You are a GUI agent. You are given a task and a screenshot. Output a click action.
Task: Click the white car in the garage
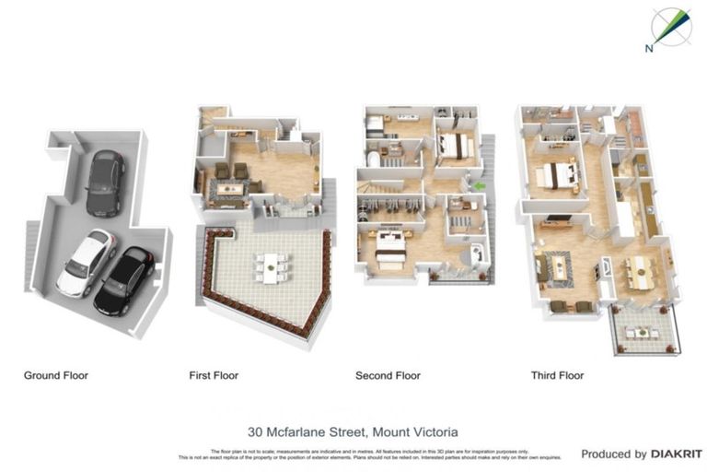coord(86,262)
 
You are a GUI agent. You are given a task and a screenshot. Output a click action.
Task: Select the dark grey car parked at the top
coord(105,183)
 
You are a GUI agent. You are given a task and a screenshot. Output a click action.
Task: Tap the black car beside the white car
coord(124,280)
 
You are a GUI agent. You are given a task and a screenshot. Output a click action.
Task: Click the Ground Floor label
coord(56,375)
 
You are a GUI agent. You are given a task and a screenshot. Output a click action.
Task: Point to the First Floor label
coord(214,375)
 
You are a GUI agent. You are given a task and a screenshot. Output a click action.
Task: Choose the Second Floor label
coord(388,375)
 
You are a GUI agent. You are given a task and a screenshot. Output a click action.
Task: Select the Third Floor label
coord(557,375)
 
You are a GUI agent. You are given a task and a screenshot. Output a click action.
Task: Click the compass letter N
coord(649,47)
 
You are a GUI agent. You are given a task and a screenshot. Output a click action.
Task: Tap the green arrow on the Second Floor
coord(479,187)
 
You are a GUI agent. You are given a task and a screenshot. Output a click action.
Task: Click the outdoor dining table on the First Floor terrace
coord(271,267)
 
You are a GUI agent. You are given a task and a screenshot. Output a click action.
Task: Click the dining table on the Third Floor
coord(638,270)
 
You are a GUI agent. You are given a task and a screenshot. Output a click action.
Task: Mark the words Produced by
coord(613,454)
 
